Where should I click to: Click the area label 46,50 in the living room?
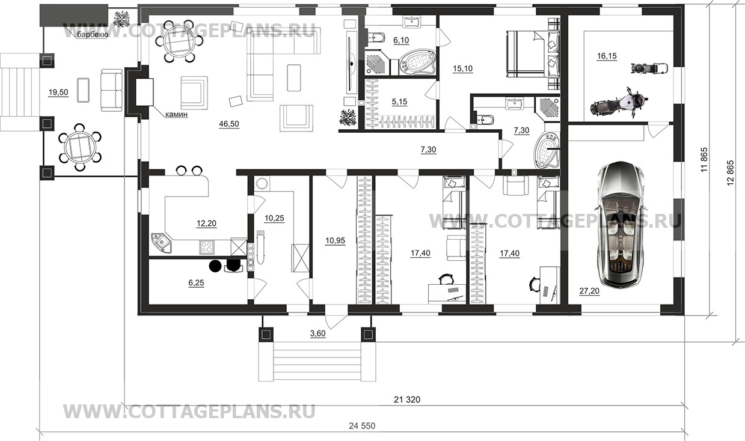[x=229, y=124]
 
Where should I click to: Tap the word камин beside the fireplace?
[x=176, y=115]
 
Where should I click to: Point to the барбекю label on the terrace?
[x=93, y=35]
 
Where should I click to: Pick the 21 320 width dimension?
[x=407, y=400]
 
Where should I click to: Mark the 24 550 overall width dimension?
[x=362, y=426]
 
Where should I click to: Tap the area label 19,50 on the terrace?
[x=58, y=93]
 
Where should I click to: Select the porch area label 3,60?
[x=317, y=333]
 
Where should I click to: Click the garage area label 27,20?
[x=589, y=291]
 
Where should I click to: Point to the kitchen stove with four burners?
[x=207, y=247]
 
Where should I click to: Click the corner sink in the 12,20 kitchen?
[x=162, y=243]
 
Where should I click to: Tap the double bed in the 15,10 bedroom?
[x=533, y=54]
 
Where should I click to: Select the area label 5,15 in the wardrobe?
[x=399, y=102]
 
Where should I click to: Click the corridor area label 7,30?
[x=428, y=150]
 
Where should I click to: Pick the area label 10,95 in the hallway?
[x=336, y=240]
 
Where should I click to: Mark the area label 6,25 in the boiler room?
[x=196, y=283]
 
